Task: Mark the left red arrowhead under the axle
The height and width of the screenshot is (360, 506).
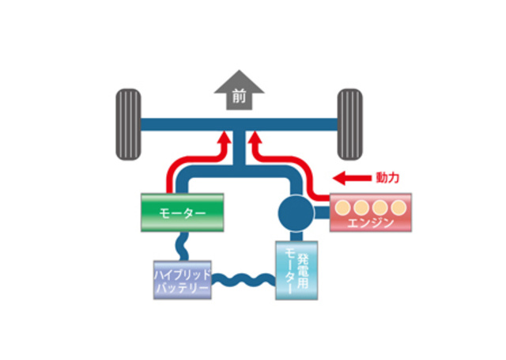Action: point(225,139)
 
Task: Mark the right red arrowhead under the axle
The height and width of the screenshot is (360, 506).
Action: point(255,139)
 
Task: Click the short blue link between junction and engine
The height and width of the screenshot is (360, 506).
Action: point(322,212)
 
